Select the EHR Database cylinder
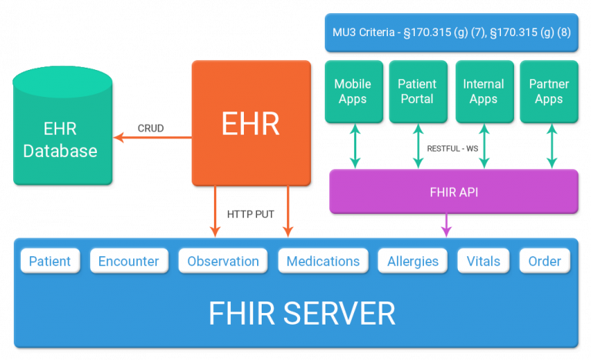point(62,135)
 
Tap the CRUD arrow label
point(150,128)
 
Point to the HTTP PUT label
point(250,214)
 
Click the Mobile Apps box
point(352,92)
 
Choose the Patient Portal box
point(417,92)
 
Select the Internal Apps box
point(483,92)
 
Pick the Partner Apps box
point(549,92)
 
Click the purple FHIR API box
point(452,192)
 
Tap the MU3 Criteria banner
point(450,32)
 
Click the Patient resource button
point(50,261)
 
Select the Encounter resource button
point(129,261)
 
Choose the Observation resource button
point(223,261)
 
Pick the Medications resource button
point(322,261)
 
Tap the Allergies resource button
point(412,261)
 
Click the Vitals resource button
point(483,261)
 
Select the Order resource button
point(544,261)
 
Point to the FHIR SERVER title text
point(302,313)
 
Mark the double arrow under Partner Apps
point(551,147)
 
